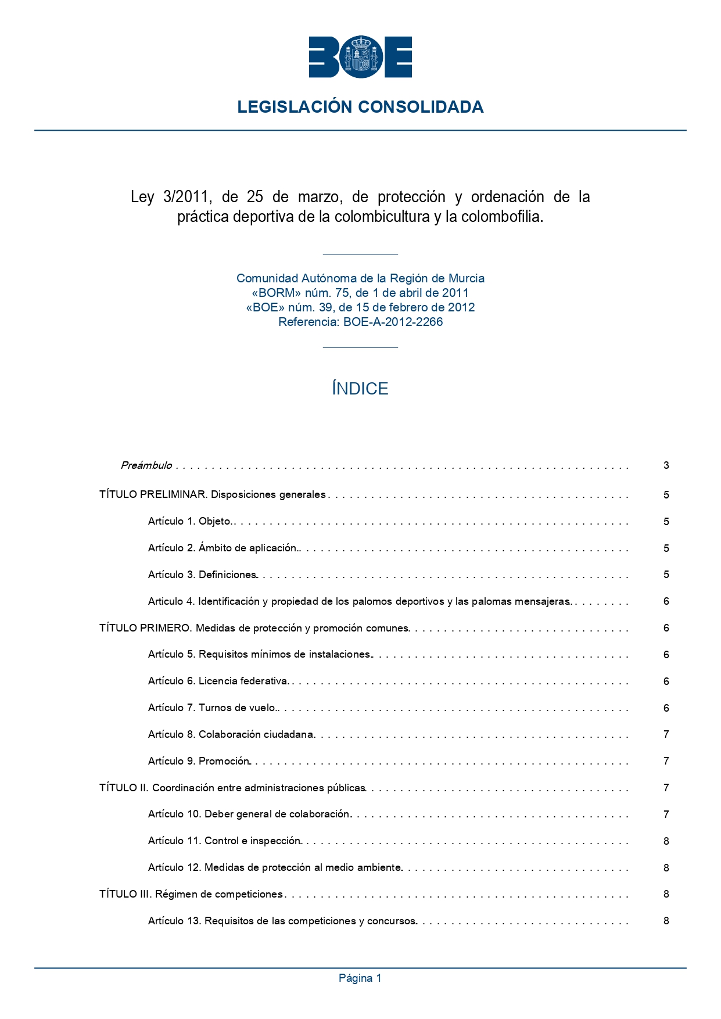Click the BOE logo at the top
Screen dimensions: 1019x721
(x=360, y=57)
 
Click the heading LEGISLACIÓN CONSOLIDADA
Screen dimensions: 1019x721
(x=360, y=107)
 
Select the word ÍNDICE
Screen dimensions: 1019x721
(x=360, y=389)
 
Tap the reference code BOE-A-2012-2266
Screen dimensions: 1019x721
(x=393, y=322)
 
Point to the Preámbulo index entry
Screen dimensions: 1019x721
(x=146, y=465)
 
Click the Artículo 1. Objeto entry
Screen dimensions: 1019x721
(x=189, y=521)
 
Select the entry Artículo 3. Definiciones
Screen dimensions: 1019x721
(x=202, y=575)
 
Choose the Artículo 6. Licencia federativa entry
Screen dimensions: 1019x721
(x=218, y=681)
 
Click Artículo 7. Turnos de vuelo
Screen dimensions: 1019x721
(x=212, y=708)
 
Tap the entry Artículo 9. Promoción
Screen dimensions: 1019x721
(x=199, y=761)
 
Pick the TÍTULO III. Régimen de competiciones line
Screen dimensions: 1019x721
(x=191, y=894)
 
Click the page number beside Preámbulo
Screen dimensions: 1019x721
(x=666, y=465)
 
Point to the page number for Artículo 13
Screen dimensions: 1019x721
(x=666, y=921)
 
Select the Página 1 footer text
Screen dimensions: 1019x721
(x=360, y=978)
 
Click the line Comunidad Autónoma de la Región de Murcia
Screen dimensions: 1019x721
(x=360, y=278)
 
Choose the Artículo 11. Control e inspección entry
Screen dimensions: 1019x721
(x=224, y=841)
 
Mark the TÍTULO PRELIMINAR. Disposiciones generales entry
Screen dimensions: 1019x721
(x=213, y=495)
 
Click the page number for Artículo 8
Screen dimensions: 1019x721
(x=666, y=734)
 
